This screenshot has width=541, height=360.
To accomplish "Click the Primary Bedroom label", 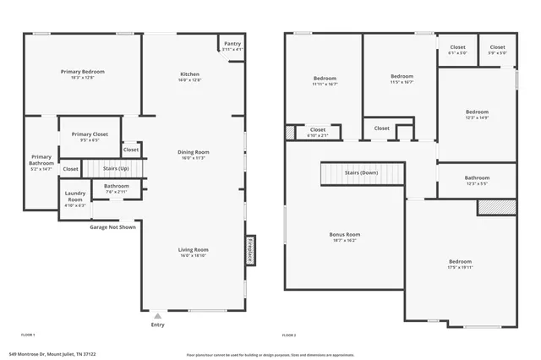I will [81, 72].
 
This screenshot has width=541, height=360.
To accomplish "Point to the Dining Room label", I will [194, 152].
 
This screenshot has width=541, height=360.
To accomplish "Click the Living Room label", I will [194, 249].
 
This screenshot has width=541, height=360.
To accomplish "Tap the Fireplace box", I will [250, 250].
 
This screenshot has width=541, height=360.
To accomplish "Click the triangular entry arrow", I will [157, 315].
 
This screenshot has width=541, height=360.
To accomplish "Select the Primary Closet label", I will [89, 134].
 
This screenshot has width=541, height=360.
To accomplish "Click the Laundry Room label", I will [75, 199].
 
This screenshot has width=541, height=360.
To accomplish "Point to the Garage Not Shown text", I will [112, 226].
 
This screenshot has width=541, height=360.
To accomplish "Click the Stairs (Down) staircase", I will [361, 172].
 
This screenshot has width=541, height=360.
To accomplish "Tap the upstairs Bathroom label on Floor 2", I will [476, 177].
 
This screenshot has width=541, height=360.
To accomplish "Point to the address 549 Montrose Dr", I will [53, 354].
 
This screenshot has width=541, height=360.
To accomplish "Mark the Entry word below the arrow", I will [157, 325].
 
